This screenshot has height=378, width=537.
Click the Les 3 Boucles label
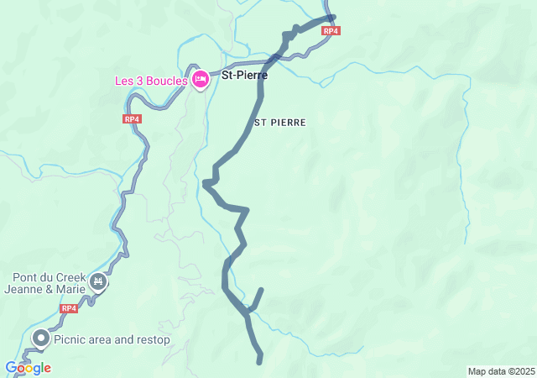tap(152, 81)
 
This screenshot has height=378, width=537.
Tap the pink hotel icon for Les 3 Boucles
tap(200, 80)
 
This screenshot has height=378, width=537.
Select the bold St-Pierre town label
tap(244, 75)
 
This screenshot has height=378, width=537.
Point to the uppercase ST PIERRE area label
tap(280, 123)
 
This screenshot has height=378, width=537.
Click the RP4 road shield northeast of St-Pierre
tap(331, 31)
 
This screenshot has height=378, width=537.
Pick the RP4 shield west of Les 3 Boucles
tap(132, 119)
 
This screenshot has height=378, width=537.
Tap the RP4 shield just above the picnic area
tap(69, 308)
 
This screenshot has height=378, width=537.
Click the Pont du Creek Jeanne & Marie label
tap(49, 284)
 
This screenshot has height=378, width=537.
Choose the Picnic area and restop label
tap(112, 340)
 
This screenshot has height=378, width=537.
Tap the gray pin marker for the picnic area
tap(39, 339)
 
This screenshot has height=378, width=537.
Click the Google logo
tap(28, 368)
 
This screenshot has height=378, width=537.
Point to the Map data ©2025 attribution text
tap(501, 371)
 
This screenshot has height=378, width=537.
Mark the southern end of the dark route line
tap(260, 362)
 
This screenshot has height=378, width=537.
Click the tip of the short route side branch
tap(261, 291)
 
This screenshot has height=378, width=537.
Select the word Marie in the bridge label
tap(70, 290)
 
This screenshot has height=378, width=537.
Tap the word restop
tap(153, 340)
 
